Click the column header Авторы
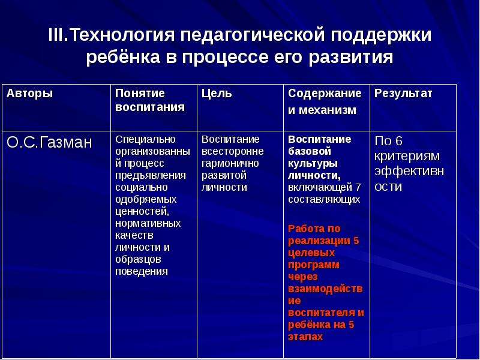click(29, 94)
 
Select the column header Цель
click(217, 94)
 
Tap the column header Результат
click(403, 94)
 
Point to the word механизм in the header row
click(328, 110)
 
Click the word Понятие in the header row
click(140, 94)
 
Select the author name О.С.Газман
click(49, 142)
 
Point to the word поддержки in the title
click(381, 35)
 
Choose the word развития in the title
click(351, 57)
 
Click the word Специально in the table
click(145, 140)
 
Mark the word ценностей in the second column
click(142, 212)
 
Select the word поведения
click(142, 272)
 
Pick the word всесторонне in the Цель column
click(233, 151)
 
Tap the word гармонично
click(230, 163)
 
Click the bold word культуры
click(313, 163)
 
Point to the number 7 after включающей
click(358, 187)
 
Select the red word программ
click(314, 265)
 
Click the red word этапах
click(305, 337)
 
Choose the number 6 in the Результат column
click(398, 141)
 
